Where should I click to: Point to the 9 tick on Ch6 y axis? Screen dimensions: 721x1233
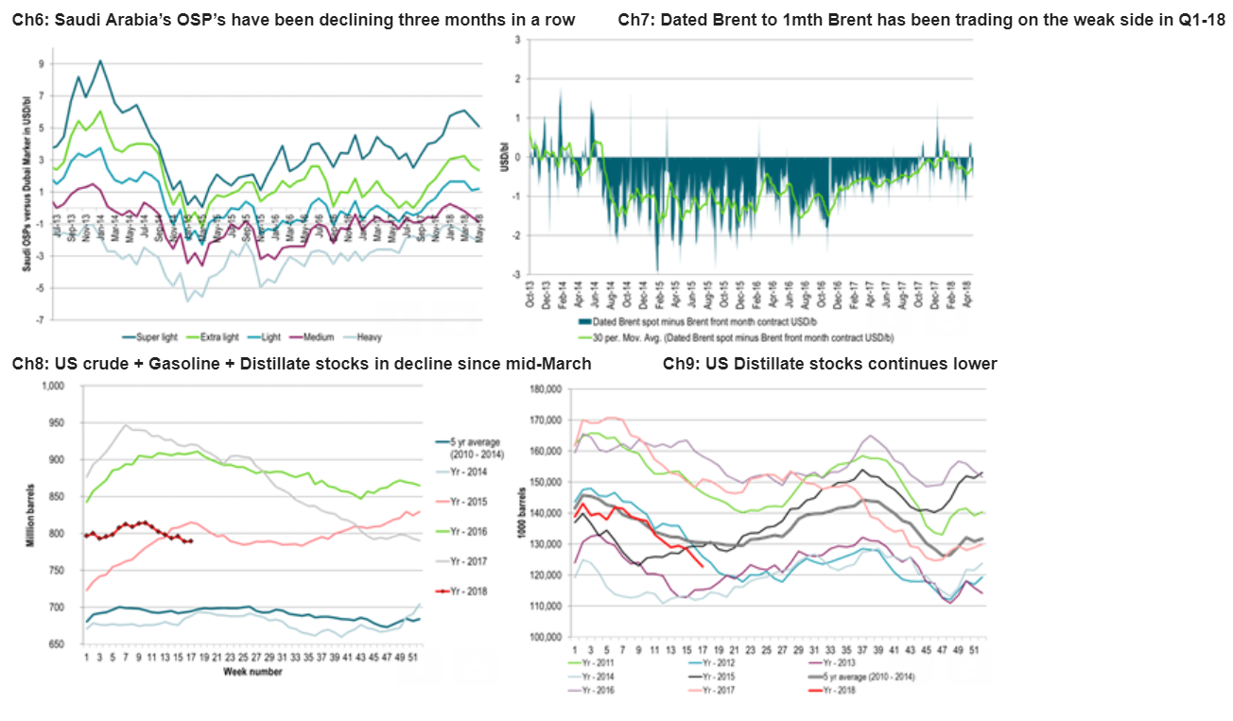[x=42, y=63]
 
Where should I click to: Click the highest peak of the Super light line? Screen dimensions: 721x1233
[x=100, y=60]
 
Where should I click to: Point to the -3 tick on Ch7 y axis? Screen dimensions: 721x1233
[x=516, y=274]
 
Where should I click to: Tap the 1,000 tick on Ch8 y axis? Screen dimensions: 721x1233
[x=55, y=386]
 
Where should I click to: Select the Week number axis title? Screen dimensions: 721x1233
[x=253, y=672]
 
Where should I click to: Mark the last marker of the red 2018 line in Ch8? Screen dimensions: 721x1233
[x=191, y=541]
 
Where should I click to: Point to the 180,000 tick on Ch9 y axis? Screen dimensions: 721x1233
[x=546, y=388]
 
